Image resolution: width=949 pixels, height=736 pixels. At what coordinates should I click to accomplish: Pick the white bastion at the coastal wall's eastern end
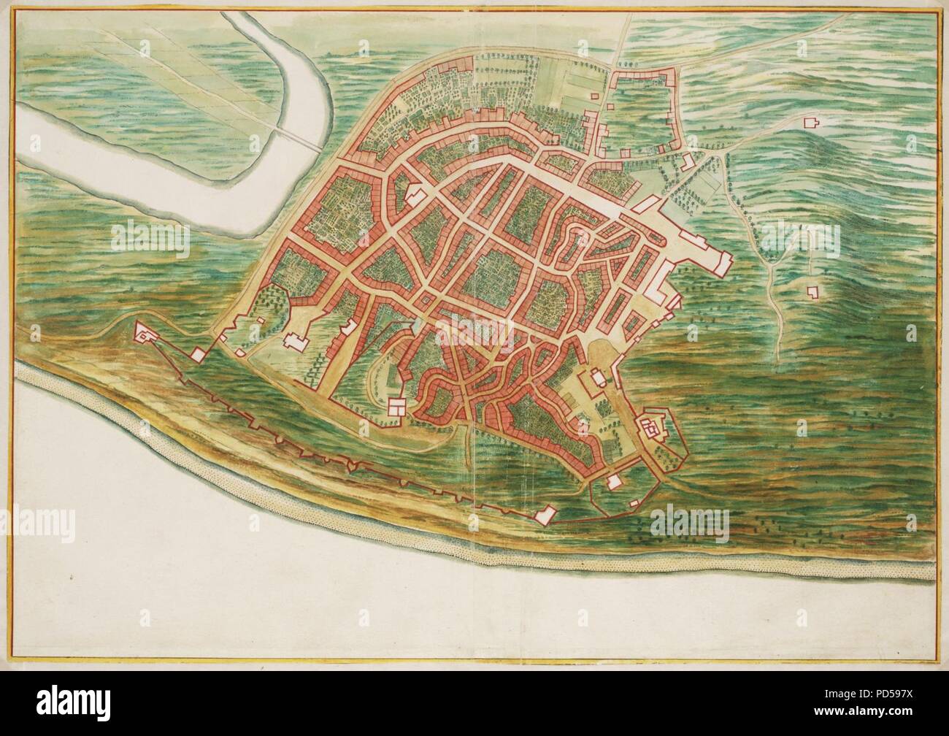click(x=542, y=515)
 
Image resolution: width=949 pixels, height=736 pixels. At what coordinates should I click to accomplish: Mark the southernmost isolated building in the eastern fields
click(x=810, y=292)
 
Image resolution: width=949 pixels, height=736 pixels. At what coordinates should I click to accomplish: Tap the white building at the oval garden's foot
click(x=398, y=406)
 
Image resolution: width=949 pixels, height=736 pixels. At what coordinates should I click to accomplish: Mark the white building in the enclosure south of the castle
click(x=614, y=482)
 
